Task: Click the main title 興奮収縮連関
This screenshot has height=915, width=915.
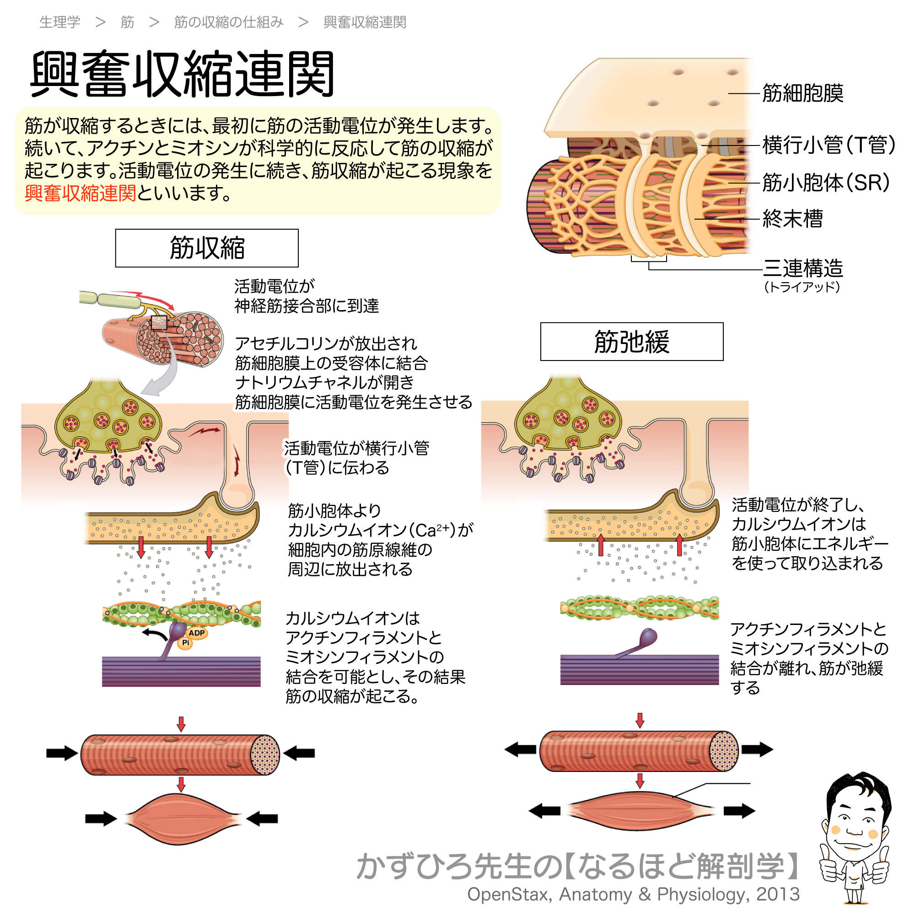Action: (183, 75)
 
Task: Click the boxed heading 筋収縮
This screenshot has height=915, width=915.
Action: (206, 248)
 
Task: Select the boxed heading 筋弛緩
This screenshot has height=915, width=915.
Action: (631, 341)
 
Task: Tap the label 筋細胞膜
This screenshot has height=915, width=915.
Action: (802, 93)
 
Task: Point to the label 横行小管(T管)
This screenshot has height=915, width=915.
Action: (829, 145)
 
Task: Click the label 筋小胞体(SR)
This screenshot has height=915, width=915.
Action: (825, 183)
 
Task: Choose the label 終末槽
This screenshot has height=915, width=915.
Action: (792, 219)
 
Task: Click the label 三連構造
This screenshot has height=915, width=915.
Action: (803, 269)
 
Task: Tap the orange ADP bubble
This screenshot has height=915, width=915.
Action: (197, 633)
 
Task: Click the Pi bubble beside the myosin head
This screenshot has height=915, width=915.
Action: (185, 643)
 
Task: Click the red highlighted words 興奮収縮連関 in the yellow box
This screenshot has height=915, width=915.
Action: (80, 193)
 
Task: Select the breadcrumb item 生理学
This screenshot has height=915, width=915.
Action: (59, 22)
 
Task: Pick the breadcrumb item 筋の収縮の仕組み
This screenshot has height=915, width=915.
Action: (229, 22)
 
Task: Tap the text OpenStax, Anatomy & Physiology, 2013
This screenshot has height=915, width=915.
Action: (633, 894)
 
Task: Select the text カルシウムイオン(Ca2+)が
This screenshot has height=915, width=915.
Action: (380, 530)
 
